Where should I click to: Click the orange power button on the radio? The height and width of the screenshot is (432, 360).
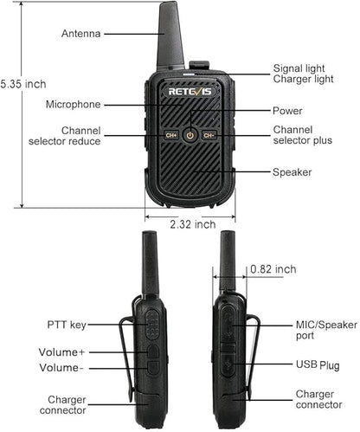(190, 135)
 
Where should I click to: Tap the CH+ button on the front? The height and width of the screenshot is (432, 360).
(171, 135)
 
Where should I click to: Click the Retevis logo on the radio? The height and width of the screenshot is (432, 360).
(190, 92)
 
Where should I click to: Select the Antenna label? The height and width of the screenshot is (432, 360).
(80, 34)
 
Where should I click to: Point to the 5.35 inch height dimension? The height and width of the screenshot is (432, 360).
(23, 84)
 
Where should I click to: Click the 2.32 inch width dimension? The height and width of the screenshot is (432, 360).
(193, 224)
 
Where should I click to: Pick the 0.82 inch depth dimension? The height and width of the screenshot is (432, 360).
(273, 269)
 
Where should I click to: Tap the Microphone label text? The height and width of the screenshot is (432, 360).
(74, 104)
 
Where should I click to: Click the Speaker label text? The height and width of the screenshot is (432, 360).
(292, 172)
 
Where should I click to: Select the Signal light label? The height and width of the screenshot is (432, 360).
(299, 68)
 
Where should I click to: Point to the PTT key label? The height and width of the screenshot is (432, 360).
(67, 325)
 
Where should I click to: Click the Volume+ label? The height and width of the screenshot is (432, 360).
(61, 352)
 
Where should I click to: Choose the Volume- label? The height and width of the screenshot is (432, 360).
(61, 368)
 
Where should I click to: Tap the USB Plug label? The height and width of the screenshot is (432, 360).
(318, 365)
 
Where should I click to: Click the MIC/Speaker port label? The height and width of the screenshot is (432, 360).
(326, 330)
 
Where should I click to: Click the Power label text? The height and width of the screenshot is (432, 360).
(287, 111)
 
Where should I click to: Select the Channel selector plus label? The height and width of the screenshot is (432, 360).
(303, 135)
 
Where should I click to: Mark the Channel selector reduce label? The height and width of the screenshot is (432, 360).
(65, 136)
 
